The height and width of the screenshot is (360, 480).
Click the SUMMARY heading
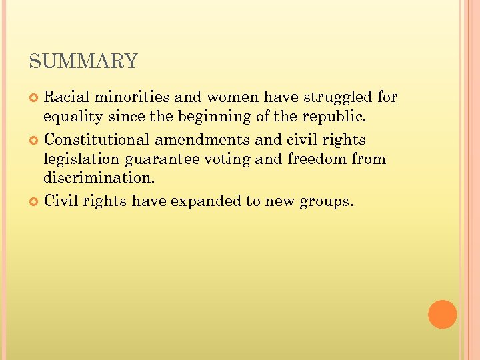[x=83, y=62]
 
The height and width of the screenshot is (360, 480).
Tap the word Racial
[x=66, y=97]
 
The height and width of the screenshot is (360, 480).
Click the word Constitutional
[x=97, y=139]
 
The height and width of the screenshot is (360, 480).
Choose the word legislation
[x=81, y=160]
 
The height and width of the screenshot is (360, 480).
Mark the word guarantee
[x=163, y=160]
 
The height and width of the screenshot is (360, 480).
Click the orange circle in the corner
[x=442, y=314]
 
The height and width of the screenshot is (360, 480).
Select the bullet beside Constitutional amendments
[x=35, y=140]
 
